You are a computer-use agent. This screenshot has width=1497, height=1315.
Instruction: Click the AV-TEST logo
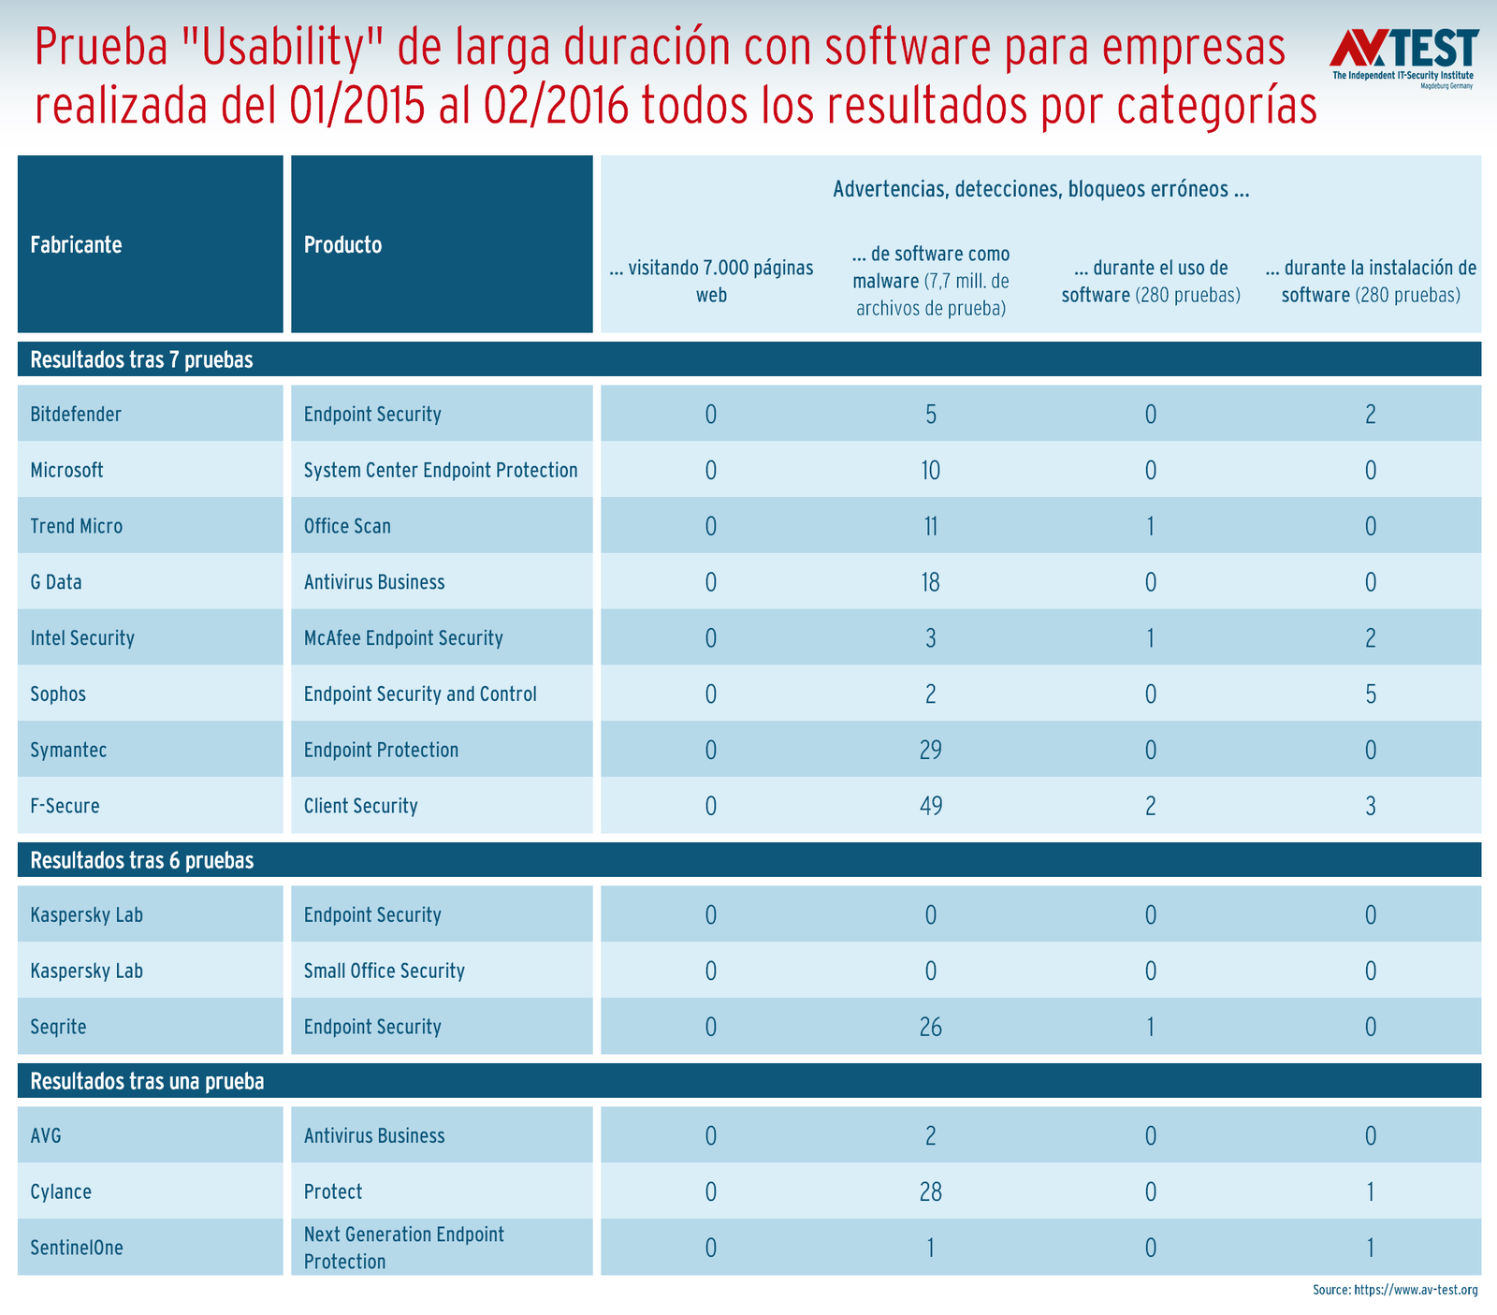[x=1403, y=57]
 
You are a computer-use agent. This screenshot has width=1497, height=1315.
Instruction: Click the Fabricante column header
[x=76, y=245]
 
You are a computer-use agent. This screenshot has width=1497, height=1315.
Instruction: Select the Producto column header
[x=342, y=245]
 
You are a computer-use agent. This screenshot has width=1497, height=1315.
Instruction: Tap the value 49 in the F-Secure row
[x=930, y=806]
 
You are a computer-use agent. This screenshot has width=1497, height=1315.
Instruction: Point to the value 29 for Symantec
[x=930, y=750]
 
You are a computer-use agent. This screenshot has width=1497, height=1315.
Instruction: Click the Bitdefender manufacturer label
[x=76, y=414]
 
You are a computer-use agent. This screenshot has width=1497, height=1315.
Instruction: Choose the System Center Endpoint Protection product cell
[x=441, y=470]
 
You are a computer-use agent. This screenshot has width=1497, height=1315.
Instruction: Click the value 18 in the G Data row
[x=930, y=582]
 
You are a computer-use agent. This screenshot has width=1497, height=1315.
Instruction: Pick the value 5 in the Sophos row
[x=1370, y=694]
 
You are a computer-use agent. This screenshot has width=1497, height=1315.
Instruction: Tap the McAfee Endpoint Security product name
[x=403, y=638]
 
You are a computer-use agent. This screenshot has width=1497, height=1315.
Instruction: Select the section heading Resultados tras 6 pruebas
[x=142, y=860]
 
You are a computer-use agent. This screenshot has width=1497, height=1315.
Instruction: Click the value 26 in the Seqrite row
[x=930, y=1027]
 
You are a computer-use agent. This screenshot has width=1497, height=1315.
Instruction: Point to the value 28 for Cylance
[x=930, y=1191]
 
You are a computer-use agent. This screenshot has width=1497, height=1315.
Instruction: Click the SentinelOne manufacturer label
[x=77, y=1248]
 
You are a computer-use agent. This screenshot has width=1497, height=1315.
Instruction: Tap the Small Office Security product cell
[x=384, y=971]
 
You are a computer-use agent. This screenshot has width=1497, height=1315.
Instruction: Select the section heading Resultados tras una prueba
[x=147, y=1081]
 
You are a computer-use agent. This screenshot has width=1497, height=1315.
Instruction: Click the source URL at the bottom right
[x=1394, y=1290]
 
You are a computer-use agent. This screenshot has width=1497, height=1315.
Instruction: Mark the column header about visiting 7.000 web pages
[x=711, y=281]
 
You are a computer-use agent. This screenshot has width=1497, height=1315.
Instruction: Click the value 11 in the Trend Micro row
[x=930, y=526]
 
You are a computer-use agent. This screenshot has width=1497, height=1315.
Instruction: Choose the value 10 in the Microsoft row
[x=930, y=470]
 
